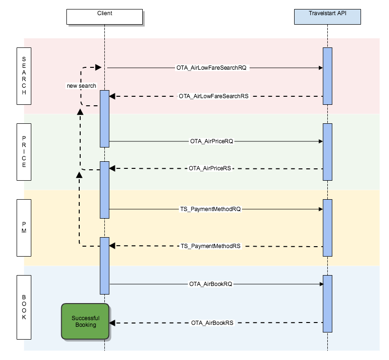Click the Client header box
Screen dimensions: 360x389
pyautogui.click(x=104, y=17)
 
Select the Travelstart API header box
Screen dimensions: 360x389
pyautogui.click(x=327, y=17)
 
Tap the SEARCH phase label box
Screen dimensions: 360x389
pyautogui.click(x=24, y=76)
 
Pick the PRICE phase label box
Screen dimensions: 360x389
pyautogui.click(x=24, y=152)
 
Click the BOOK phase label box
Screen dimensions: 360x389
pyautogui.click(x=24, y=307)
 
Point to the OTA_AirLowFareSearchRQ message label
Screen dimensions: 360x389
pyautogui.click(x=211, y=68)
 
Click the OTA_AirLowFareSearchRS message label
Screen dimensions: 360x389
pyautogui.click(x=213, y=96)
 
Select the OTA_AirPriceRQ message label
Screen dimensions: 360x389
pyautogui.click(x=211, y=141)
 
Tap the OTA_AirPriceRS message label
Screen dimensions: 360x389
pyautogui.click(x=210, y=168)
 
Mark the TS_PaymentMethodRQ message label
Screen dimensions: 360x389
pyautogui.click(x=211, y=209)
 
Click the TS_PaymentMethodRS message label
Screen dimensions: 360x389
pyautogui.click(x=211, y=246)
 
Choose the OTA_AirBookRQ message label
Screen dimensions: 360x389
pyautogui.click(x=211, y=284)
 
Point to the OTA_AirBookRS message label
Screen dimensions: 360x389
pyautogui.click(x=212, y=323)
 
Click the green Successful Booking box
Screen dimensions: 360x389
pyautogui.click(x=85, y=322)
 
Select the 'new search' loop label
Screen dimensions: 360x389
pyautogui.click(x=81, y=86)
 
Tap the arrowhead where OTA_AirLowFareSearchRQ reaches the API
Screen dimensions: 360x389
pyautogui.click(x=321, y=68)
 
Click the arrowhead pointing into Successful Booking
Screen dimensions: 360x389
pyautogui.click(x=112, y=323)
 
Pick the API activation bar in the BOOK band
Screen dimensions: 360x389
pyautogui.click(x=327, y=304)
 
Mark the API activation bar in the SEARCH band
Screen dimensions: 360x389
pyautogui.click(x=327, y=76)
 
